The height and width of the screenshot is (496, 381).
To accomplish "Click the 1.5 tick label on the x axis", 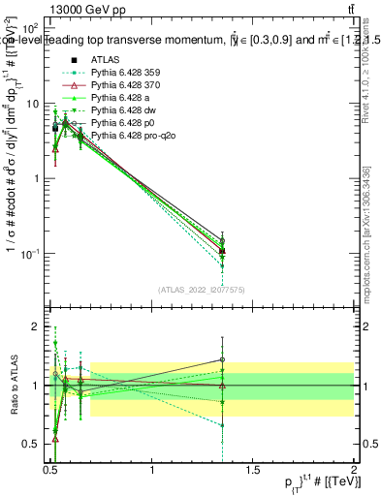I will (253, 471).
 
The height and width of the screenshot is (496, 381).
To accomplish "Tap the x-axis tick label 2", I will (355, 471).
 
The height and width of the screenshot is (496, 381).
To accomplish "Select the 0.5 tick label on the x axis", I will (50, 471).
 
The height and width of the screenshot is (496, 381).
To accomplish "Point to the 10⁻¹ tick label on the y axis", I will (31, 253).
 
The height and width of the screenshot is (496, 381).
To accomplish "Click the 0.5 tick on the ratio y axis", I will (34, 444).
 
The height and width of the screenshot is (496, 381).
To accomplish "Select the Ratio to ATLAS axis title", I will (12, 386).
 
